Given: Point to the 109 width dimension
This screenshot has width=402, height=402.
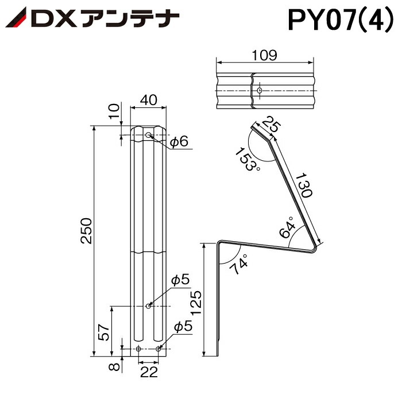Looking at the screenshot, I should (x=265, y=55).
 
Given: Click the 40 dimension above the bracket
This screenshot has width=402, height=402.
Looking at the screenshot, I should (x=149, y=100).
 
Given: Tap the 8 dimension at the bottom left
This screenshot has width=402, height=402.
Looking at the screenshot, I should (x=114, y=366).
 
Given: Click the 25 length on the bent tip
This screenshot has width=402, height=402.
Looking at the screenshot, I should (x=272, y=126).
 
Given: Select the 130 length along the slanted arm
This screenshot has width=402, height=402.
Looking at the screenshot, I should (x=304, y=185).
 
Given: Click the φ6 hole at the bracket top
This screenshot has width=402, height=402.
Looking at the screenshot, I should (x=149, y=136).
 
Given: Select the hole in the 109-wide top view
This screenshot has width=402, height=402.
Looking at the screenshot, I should (x=260, y=91).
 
